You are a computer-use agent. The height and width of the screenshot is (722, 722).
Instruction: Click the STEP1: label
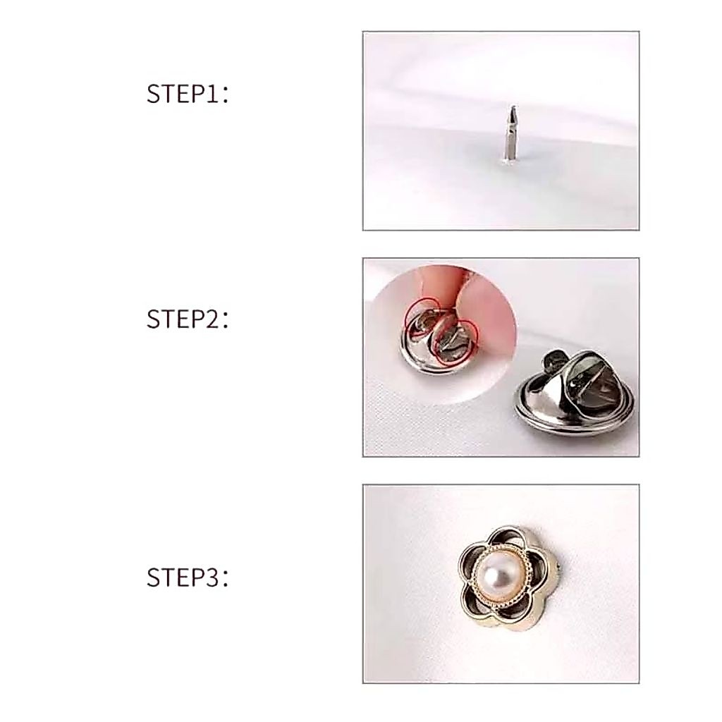[188, 94]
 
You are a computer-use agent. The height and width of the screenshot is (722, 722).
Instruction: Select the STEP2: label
[188, 319]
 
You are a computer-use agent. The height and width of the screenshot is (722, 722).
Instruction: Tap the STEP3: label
[188, 577]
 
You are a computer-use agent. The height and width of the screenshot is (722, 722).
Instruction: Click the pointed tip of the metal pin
[513, 107]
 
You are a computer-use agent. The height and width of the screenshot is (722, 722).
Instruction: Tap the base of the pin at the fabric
[509, 159]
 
